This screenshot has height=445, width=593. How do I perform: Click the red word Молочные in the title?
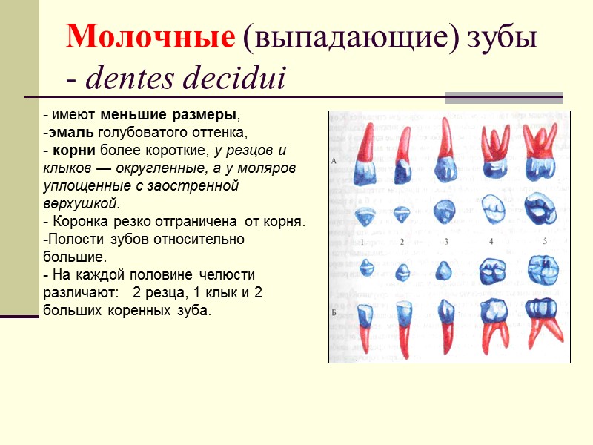[x=151, y=37]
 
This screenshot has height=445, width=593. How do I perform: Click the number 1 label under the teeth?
[x=362, y=242]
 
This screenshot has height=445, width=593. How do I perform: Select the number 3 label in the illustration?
[x=446, y=242]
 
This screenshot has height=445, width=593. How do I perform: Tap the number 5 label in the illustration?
[x=544, y=241]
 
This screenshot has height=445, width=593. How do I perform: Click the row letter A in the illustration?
[x=335, y=160]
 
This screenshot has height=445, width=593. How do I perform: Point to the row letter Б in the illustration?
[x=335, y=311]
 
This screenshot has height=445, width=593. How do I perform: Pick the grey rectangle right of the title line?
[x=503, y=97]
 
